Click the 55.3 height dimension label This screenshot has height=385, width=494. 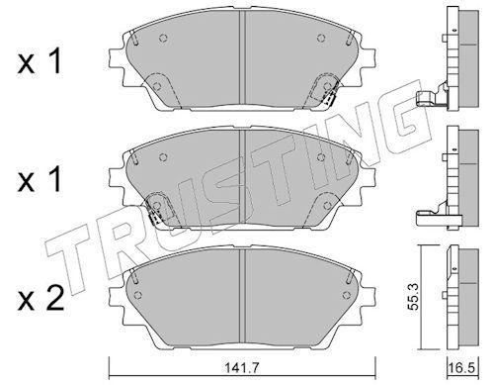pos(412,298)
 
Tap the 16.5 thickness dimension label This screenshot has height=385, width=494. pos(463,369)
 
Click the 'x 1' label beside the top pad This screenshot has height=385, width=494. pos(40,62)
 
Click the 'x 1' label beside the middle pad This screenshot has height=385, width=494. pos(40,179)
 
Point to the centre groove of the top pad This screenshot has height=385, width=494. pos(242,59)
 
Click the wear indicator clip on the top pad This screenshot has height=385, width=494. pos(329,96)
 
